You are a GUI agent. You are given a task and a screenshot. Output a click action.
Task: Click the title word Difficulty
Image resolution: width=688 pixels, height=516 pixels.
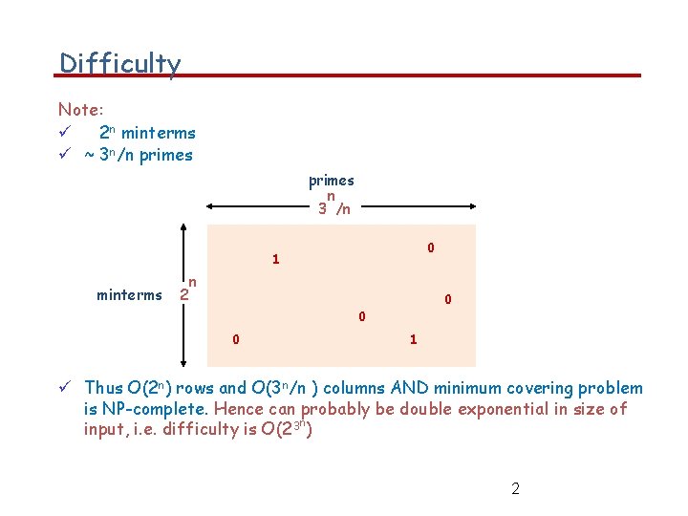119,64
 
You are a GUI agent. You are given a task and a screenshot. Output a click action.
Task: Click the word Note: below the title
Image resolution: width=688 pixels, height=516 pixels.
80,110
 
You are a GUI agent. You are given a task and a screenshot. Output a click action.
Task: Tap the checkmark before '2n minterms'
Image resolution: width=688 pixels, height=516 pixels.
63,134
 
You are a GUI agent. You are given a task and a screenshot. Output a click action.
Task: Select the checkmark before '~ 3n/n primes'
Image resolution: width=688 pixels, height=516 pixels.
63,155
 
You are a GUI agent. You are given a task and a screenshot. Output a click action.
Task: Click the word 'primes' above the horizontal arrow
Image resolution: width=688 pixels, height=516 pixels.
331,180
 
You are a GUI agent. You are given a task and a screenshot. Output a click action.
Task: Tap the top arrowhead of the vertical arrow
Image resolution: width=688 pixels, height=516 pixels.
185,227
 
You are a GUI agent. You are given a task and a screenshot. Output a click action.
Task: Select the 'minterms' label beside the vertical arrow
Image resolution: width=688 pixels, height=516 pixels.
129,294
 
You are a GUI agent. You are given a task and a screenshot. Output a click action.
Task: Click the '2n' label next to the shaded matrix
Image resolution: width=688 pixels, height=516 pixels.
188,290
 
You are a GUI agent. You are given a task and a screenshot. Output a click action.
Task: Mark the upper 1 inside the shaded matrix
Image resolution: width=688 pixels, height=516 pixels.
275,259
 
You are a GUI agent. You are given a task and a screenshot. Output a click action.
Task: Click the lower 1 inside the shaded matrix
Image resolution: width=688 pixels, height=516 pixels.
413,339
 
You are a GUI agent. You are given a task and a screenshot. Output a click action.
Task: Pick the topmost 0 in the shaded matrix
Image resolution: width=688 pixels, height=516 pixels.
431,247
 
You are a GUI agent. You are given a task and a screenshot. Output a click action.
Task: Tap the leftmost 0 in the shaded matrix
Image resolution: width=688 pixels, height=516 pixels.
236,339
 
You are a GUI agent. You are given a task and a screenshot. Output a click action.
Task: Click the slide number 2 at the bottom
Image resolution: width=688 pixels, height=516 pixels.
515,489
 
